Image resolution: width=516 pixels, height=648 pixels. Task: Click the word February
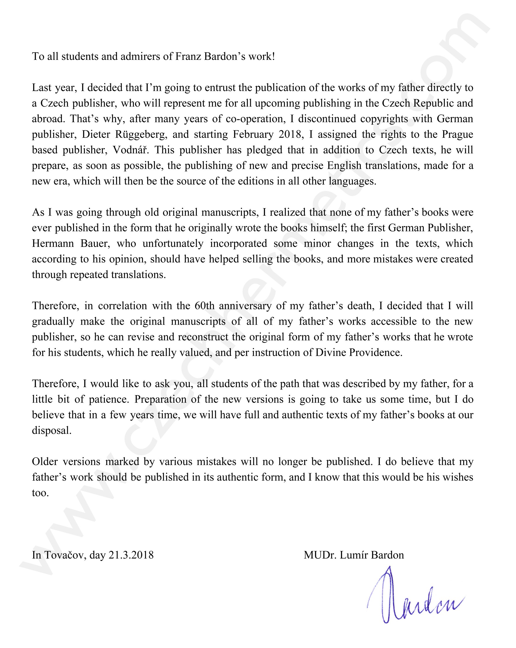click(x=253, y=134)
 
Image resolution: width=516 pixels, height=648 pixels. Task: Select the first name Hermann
click(x=53, y=243)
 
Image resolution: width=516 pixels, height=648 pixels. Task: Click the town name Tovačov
click(x=65, y=555)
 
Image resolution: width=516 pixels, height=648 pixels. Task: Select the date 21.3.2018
click(x=131, y=555)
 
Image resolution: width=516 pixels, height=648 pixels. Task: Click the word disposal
click(x=52, y=430)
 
